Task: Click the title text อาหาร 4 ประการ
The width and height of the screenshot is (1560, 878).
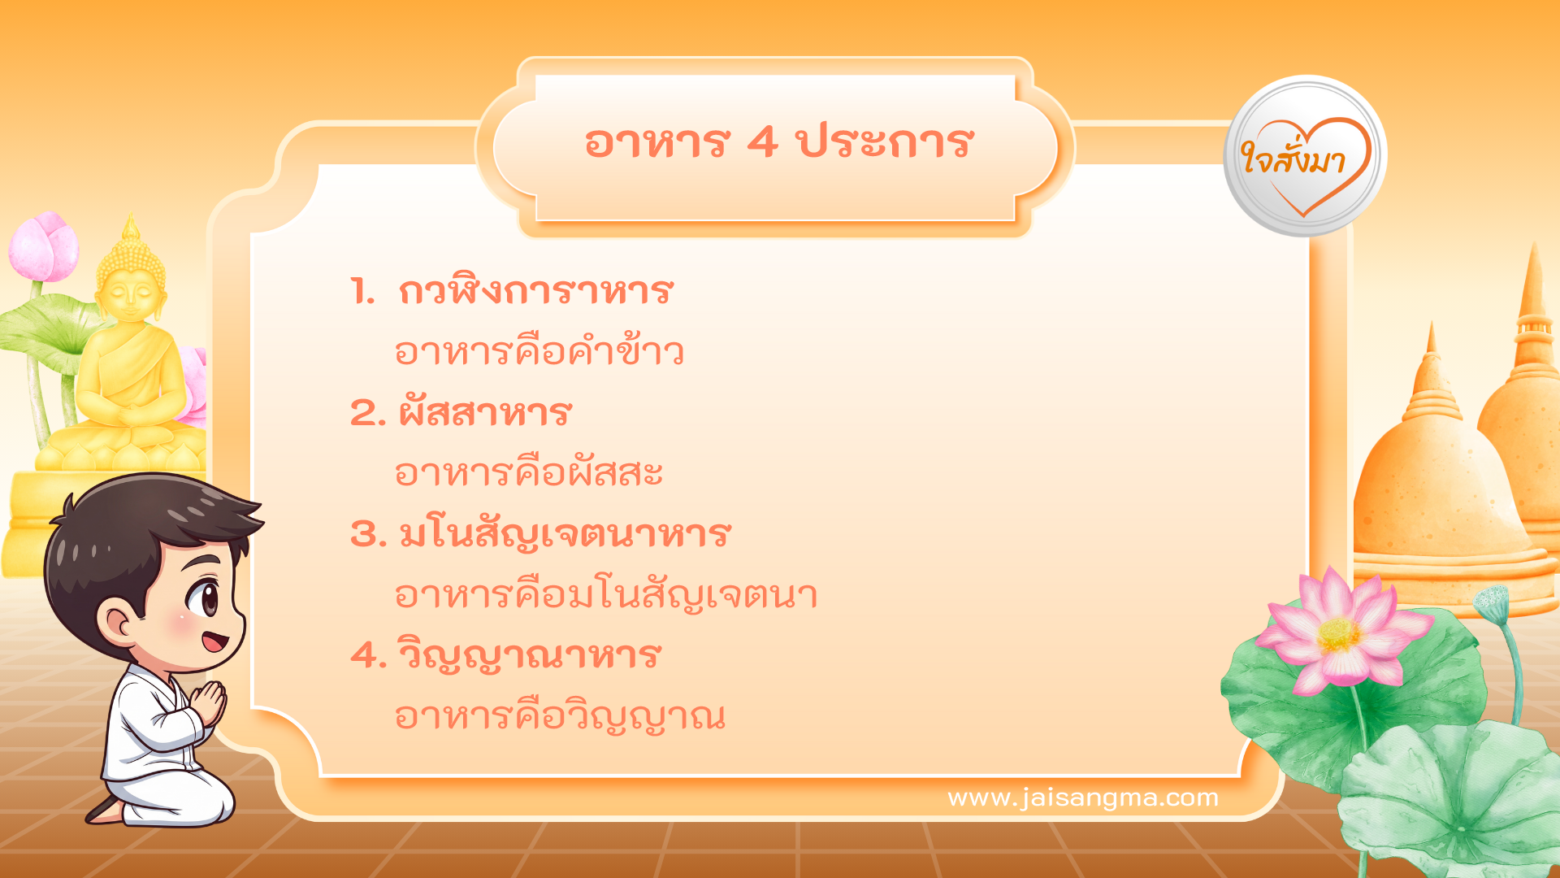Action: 778,143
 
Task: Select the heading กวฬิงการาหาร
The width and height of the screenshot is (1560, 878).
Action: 535,291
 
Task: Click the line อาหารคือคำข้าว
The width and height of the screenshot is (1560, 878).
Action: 539,352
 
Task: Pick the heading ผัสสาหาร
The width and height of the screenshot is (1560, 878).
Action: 485,413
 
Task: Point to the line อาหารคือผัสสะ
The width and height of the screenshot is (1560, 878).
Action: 528,473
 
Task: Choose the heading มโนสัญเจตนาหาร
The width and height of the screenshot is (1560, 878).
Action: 565,534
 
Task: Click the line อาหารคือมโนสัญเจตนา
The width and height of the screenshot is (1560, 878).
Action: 605,595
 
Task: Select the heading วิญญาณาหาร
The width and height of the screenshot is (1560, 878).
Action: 529,655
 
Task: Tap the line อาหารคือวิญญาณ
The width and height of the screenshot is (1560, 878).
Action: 559,716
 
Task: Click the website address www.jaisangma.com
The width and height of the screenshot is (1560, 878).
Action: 1083,798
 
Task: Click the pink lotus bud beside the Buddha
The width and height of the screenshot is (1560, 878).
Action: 45,246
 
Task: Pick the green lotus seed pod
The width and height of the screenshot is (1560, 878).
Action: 1491,604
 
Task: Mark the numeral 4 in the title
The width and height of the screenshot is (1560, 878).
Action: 762,143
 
